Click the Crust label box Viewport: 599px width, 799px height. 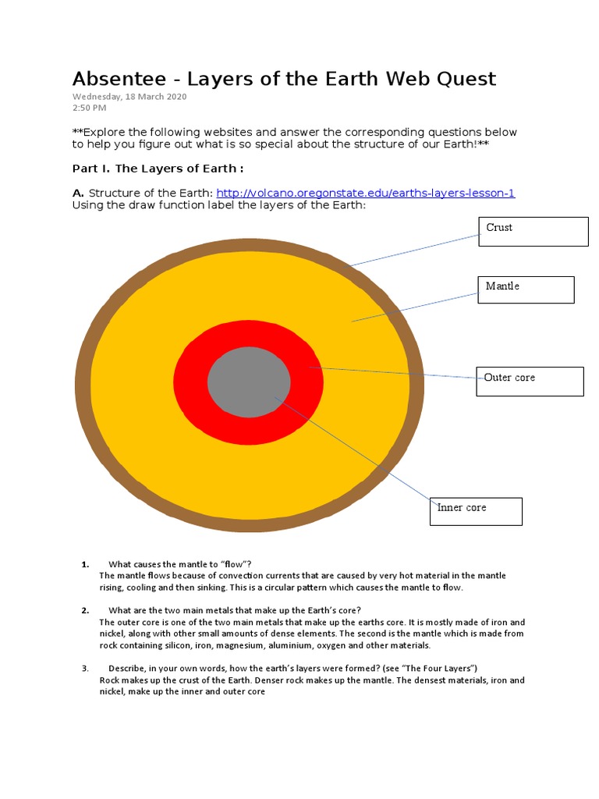[x=533, y=231]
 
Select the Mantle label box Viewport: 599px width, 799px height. [x=526, y=289]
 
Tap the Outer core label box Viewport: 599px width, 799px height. [x=530, y=382]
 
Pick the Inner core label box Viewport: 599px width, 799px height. [x=475, y=511]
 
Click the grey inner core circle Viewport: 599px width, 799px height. [x=249, y=382]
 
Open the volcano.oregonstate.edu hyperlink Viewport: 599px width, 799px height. [x=365, y=193]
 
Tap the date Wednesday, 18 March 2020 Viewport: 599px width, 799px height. [x=129, y=97]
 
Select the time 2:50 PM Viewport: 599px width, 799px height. [x=90, y=108]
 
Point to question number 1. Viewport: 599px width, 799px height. [x=85, y=564]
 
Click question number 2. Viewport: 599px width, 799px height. [x=85, y=609]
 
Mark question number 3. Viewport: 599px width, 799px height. [x=85, y=669]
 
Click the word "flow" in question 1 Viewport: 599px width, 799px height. [x=231, y=564]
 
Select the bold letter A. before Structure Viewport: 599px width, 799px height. [x=78, y=193]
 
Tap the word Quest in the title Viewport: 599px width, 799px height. [x=463, y=79]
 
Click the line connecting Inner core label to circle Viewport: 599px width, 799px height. [x=351, y=449]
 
